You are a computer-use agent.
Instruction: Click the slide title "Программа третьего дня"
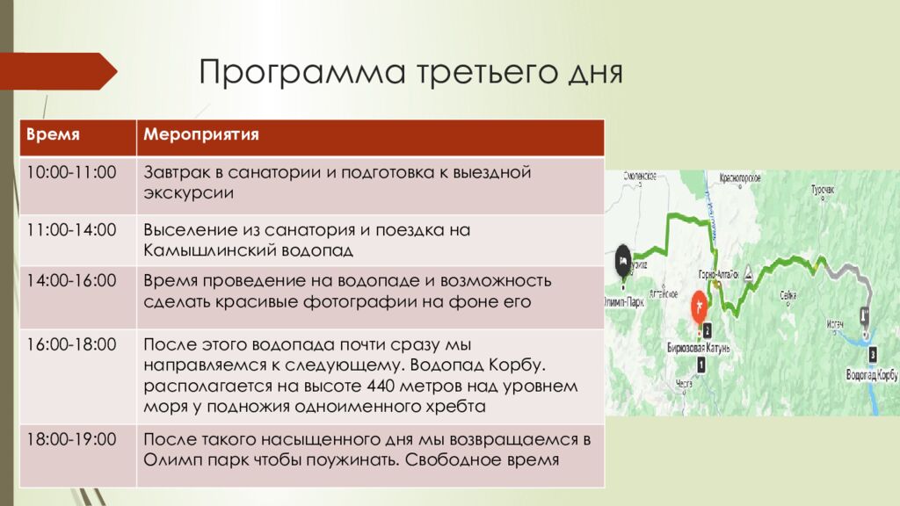(x=410, y=71)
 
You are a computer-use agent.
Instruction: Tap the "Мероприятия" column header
(x=200, y=136)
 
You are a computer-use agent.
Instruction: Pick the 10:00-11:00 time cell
(x=71, y=171)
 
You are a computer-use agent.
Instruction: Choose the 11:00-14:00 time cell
(x=71, y=230)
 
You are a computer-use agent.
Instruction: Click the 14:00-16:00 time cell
(x=71, y=281)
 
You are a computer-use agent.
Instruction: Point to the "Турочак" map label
(x=822, y=188)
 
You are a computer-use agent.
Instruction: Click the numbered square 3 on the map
(x=872, y=355)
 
